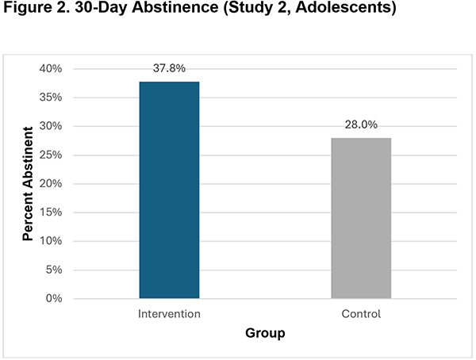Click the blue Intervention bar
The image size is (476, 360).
point(169,190)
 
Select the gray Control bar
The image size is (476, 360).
point(361,218)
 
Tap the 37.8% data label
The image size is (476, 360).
point(169,69)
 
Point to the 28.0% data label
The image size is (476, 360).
point(361,125)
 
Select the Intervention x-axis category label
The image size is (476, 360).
point(169,314)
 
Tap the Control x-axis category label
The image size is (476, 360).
point(361,314)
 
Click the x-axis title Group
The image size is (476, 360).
point(265,334)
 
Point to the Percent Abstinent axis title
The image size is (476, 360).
point(27,184)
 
